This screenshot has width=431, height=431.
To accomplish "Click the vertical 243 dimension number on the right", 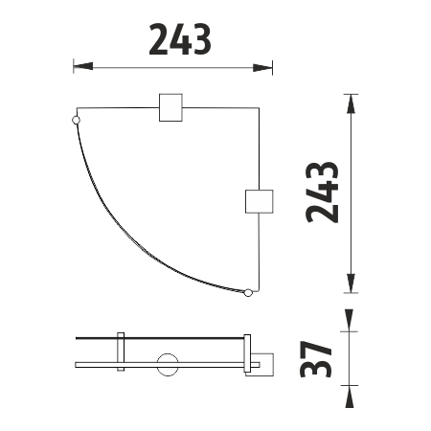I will (x=325, y=192).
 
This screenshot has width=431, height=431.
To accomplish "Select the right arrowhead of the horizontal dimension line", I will (x=263, y=67).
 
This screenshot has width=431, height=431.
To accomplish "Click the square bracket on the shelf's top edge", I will (x=170, y=108).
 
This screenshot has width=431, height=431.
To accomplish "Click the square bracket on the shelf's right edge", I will (x=260, y=202).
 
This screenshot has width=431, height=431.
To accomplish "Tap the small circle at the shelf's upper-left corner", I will (x=77, y=121).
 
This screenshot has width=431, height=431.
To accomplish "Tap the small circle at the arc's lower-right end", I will (x=248, y=292).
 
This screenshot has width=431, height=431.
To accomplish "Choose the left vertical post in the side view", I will (x=120, y=351).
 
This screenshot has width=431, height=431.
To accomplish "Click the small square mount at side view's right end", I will (x=261, y=365).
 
